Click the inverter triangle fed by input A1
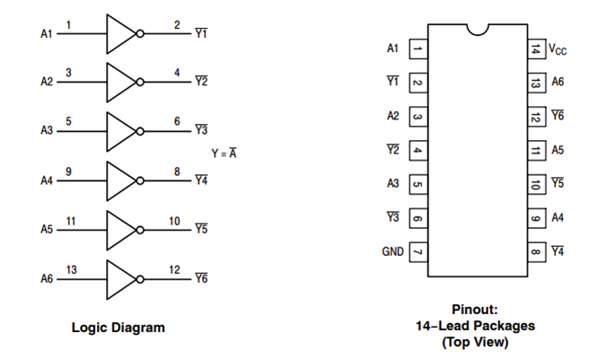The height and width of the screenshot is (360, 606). pos(119,34)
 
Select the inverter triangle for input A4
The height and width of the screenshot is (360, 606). pos(119,180)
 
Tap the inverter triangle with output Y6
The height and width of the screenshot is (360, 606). pos(119,279)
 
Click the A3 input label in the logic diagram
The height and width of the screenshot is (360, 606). pos(47,131)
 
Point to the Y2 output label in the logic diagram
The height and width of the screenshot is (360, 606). pos(201,83)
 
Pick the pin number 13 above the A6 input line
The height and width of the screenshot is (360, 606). pos(71,269)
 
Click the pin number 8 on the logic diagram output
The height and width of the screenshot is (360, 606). pos(177,171)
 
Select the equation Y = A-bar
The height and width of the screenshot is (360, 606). pos(224,154)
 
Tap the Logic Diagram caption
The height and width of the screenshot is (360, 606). pos(119,328)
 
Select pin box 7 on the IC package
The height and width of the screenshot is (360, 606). pos(417,252)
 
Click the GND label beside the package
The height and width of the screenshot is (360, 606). pos(392,252)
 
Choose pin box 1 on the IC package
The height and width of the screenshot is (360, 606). pos(417,48)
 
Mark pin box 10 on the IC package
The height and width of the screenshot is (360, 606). pos(535,184)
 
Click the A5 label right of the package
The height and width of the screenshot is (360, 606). pos(558,150)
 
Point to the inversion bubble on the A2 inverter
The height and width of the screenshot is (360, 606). pos(140,83)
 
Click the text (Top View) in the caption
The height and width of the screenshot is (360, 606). pos(476,342)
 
